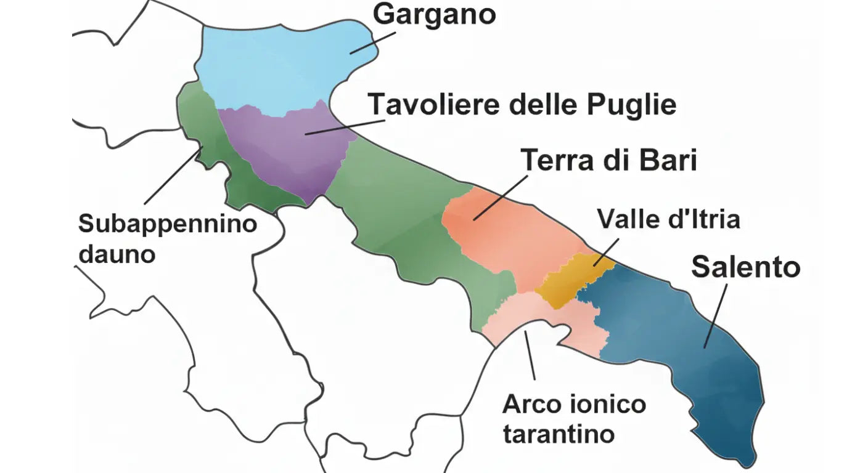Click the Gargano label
pyautogui.click(x=435, y=14)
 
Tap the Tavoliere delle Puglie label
pyautogui.click(x=522, y=104)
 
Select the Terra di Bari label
pyautogui.click(x=609, y=161)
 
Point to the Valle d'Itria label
pyautogui.click(x=668, y=219)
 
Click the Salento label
pyautogui.click(x=745, y=267)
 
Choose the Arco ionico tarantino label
pyautogui.click(x=574, y=419)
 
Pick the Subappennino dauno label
pyautogui.click(x=167, y=238)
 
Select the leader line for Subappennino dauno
pyautogui.click(x=173, y=175)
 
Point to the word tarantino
pyautogui.click(x=559, y=434)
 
